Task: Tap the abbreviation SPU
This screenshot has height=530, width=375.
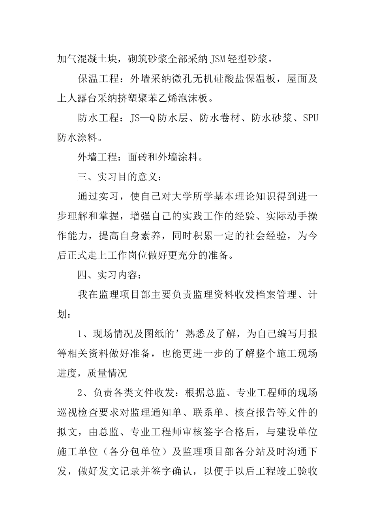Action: pos(310,118)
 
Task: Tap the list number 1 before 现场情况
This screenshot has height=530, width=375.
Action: pos(80,334)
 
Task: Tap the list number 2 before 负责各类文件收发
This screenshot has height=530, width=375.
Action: pos(80,393)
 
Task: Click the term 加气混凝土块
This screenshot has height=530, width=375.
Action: pos(87,60)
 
